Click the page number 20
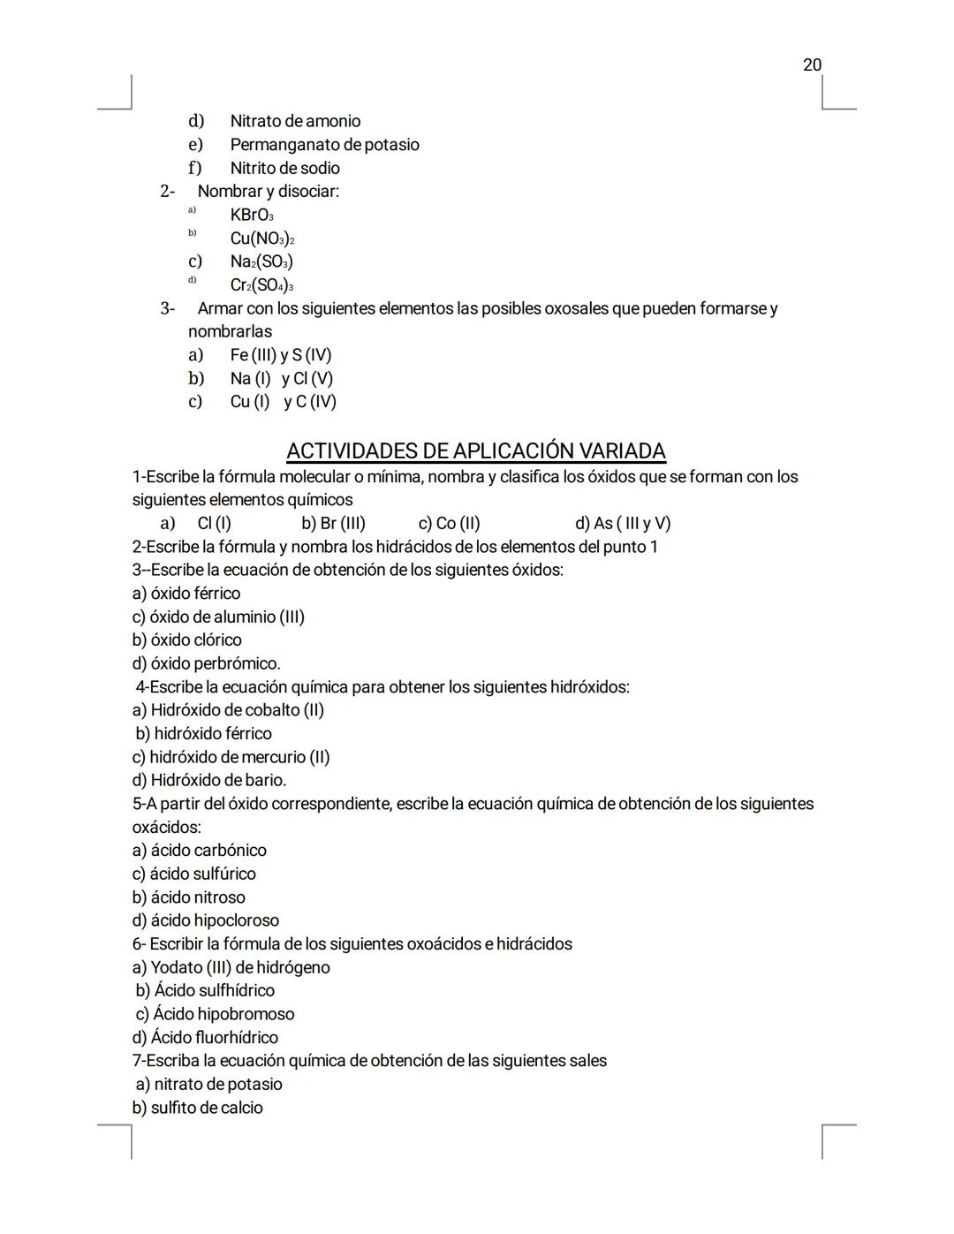(812, 64)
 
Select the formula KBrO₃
(252, 215)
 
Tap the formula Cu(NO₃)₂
(261, 238)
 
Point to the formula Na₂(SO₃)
(261, 261)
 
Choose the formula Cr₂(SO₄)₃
(261, 285)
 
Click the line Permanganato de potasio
(324, 144)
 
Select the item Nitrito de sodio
(284, 168)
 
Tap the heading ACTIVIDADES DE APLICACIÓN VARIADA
(476, 450)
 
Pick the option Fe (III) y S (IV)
(281, 355)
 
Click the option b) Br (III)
(333, 523)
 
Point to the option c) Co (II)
(449, 523)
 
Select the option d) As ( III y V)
(623, 523)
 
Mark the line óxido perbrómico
(206, 663)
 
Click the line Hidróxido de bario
(209, 780)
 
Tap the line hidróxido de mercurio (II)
(231, 757)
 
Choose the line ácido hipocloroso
(205, 920)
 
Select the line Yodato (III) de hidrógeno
(231, 967)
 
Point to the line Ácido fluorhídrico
(205, 1037)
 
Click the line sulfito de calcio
(197, 1108)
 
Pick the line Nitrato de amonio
(295, 121)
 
